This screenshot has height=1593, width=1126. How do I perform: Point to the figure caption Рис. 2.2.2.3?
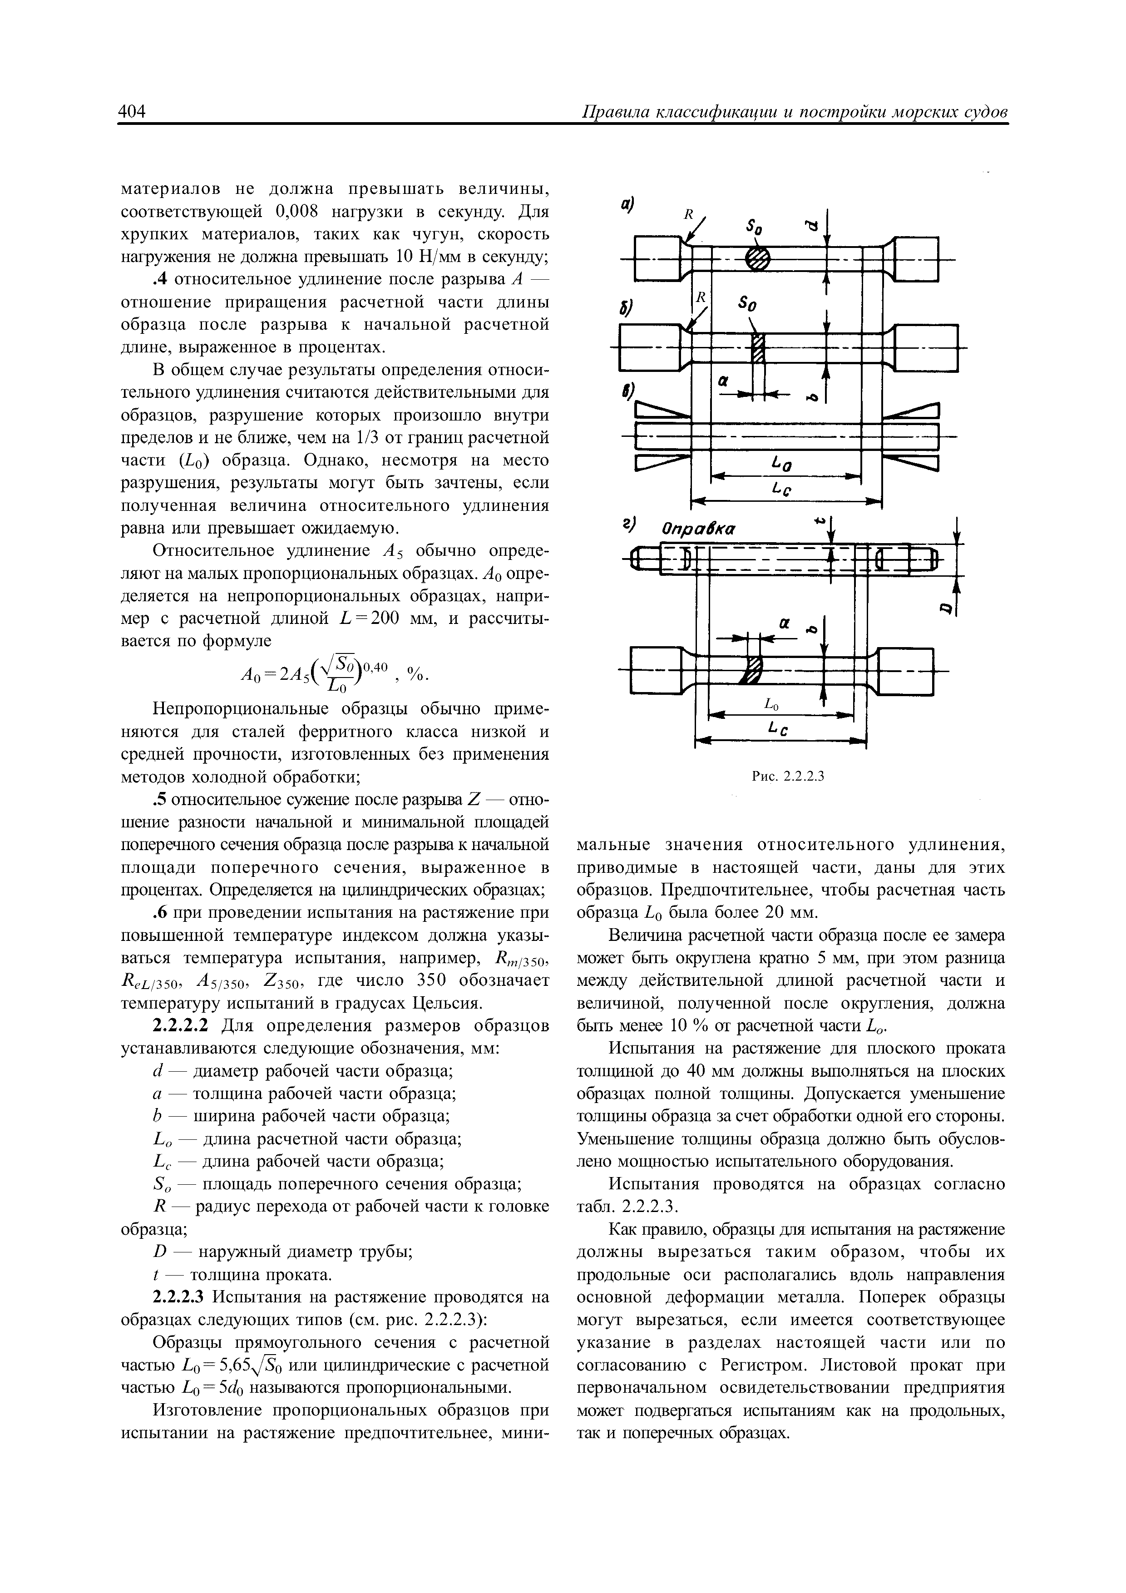click(x=787, y=776)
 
